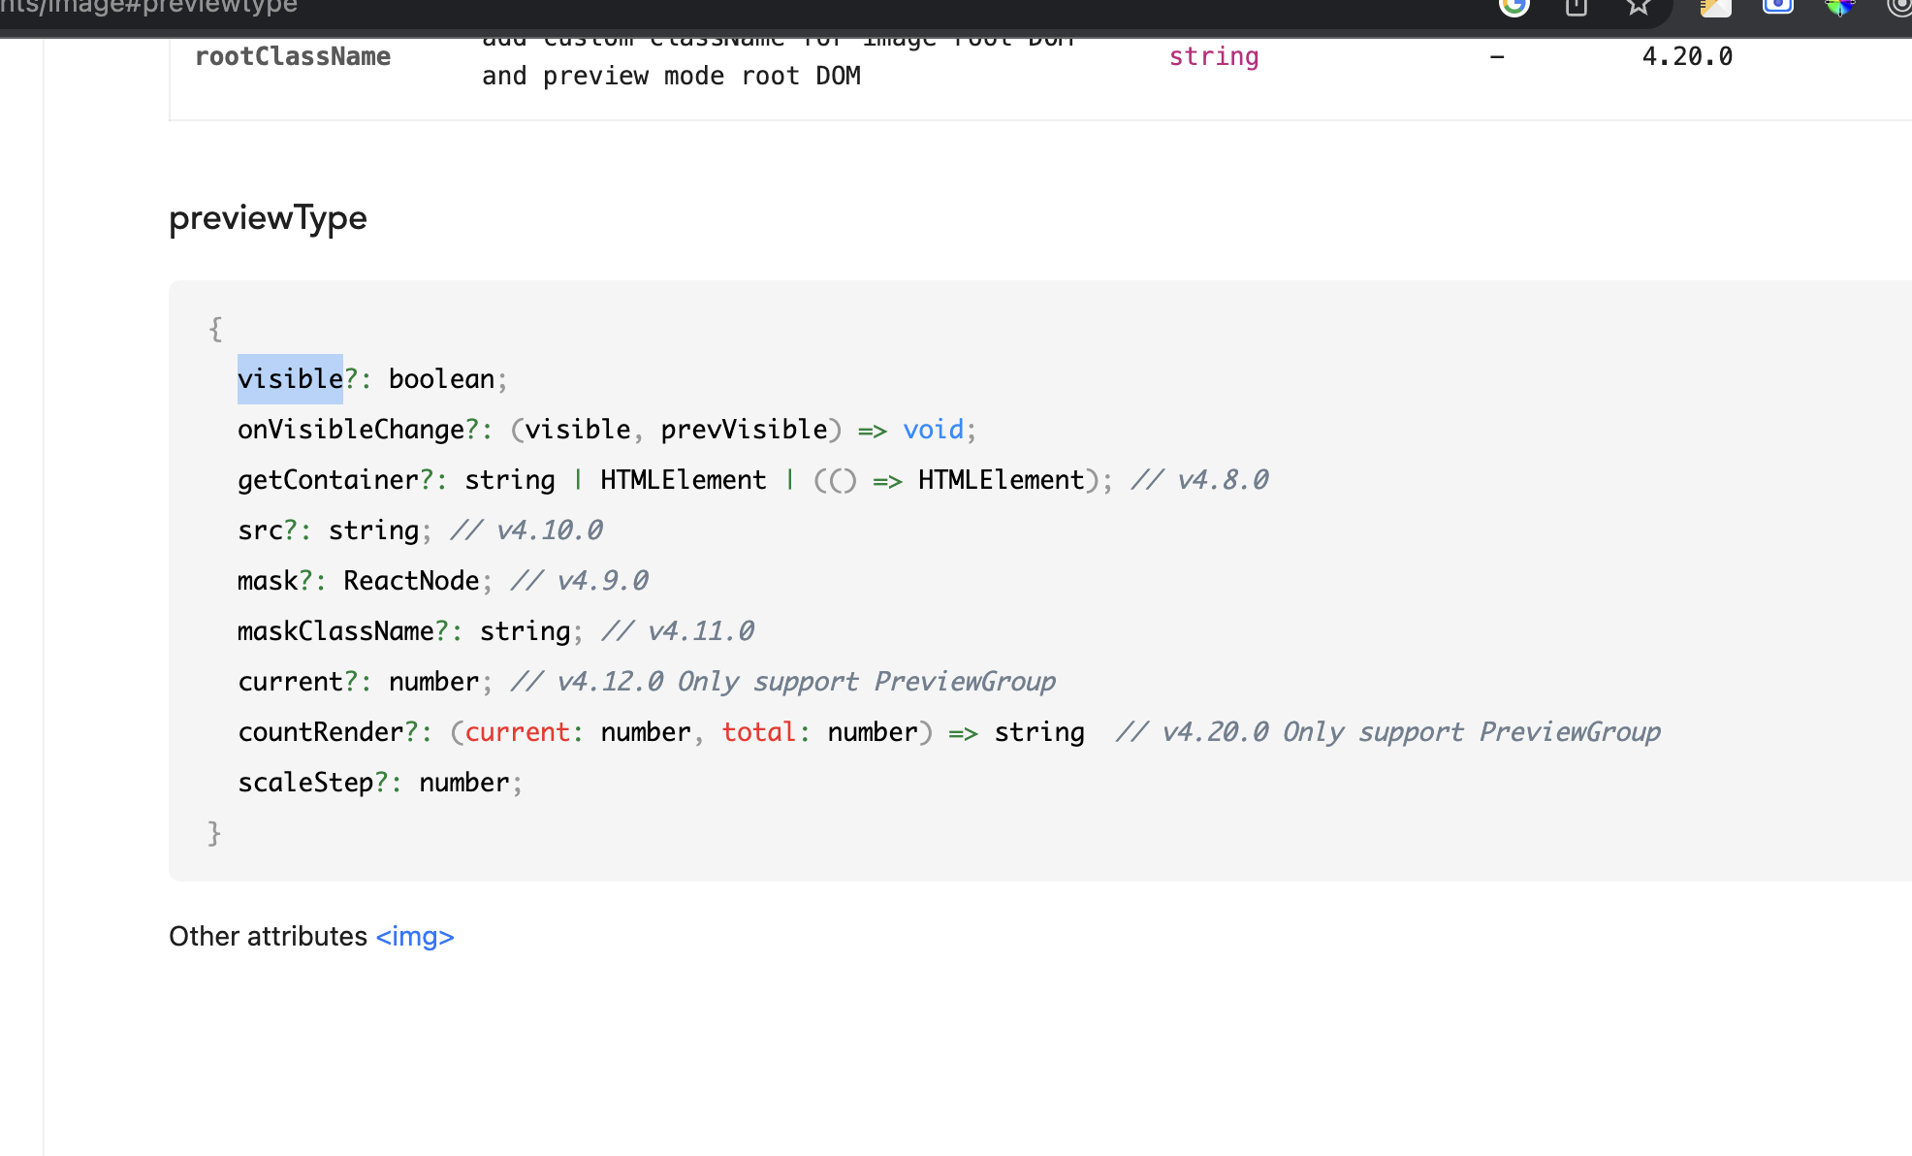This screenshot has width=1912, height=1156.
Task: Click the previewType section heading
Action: pyautogui.click(x=268, y=218)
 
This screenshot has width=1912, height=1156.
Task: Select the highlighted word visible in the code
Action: pyautogui.click(x=290, y=379)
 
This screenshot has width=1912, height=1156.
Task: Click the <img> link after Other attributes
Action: pyautogui.click(x=415, y=937)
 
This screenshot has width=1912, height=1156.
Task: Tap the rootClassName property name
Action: pyautogui.click(x=293, y=57)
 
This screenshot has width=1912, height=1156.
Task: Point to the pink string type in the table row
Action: pyautogui.click(x=1214, y=57)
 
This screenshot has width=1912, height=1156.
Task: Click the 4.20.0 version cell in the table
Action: pyautogui.click(x=1687, y=57)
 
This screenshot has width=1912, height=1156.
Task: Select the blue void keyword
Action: pyautogui.click(x=933, y=430)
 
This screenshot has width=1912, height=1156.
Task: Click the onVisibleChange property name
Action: pyautogui.click(x=351, y=430)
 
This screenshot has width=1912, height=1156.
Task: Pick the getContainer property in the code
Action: pyautogui.click(x=328, y=480)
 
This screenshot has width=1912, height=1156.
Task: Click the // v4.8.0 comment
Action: pyautogui.click(x=1200, y=480)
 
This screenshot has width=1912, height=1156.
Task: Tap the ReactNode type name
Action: pyautogui.click(x=411, y=581)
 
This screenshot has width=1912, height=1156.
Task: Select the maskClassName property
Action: pyautogui.click(x=335, y=631)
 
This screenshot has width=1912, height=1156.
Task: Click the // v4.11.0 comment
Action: pyautogui.click(x=678, y=631)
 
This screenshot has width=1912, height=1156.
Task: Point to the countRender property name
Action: pyautogui.click(x=321, y=732)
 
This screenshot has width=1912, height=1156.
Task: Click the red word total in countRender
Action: pyautogui.click(x=758, y=732)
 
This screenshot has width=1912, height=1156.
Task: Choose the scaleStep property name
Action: pyautogui.click(x=305, y=783)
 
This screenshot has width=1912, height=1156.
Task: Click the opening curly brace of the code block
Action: pyautogui.click(x=215, y=329)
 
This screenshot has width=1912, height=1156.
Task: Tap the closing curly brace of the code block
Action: pyautogui.click(x=214, y=833)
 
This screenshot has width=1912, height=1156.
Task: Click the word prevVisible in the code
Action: pyautogui.click(x=744, y=430)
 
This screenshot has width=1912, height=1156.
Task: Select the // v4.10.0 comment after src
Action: pyautogui.click(x=526, y=530)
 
